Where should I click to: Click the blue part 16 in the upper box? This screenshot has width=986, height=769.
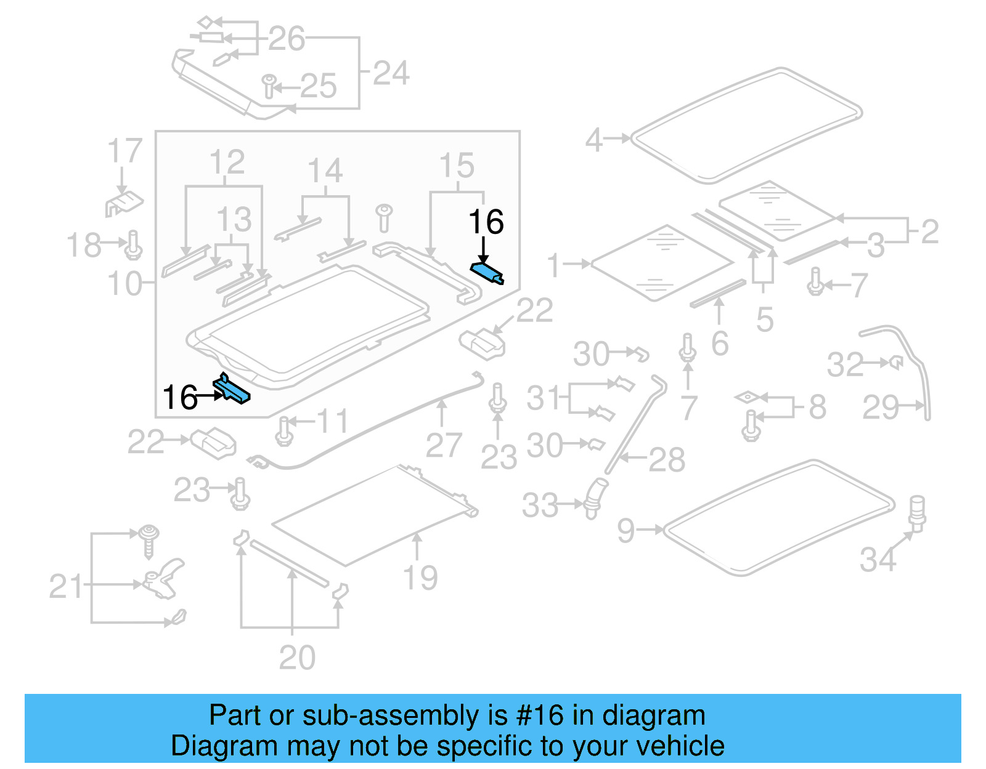[x=487, y=272]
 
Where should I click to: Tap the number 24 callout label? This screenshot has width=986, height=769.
[x=391, y=73]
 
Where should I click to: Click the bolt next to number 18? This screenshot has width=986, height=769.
[x=134, y=245]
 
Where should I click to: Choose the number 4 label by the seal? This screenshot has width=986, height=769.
[x=593, y=140]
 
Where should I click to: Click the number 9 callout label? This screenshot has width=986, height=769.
[x=625, y=530]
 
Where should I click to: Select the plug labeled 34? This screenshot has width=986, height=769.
[x=918, y=512]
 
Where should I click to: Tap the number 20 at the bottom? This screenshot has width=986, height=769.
[x=297, y=657]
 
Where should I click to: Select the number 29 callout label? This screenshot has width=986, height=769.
[x=880, y=407]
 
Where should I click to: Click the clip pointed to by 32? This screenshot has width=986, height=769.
[x=897, y=363]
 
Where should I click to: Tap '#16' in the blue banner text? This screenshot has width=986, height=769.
[x=539, y=715]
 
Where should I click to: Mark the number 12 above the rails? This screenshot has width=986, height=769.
[x=226, y=163]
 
